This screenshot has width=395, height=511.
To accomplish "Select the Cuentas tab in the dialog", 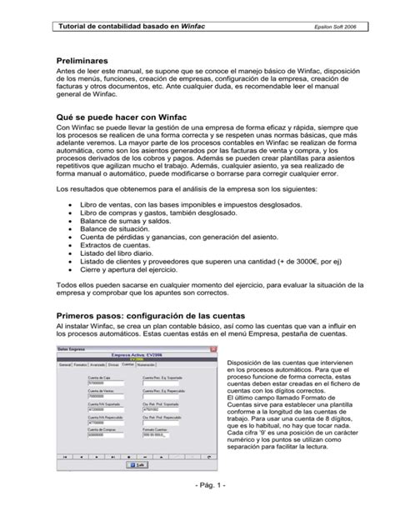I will click(x=127, y=364).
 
